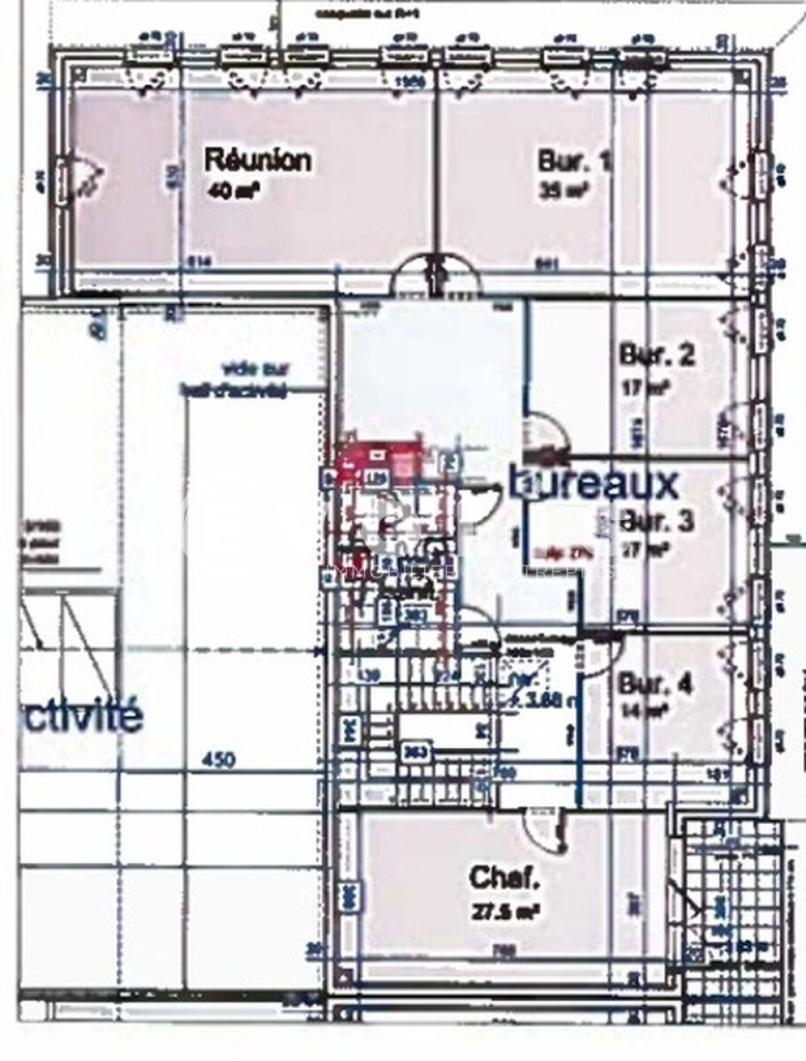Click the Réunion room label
coord(257,159)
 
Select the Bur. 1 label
coord(574,161)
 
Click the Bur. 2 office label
coord(657,355)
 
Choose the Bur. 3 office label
coord(657,521)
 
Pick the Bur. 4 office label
coord(655,683)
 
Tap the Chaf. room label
coord(505,878)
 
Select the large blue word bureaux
coord(594,483)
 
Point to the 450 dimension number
coord(218,760)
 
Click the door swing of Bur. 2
coord(547,434)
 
